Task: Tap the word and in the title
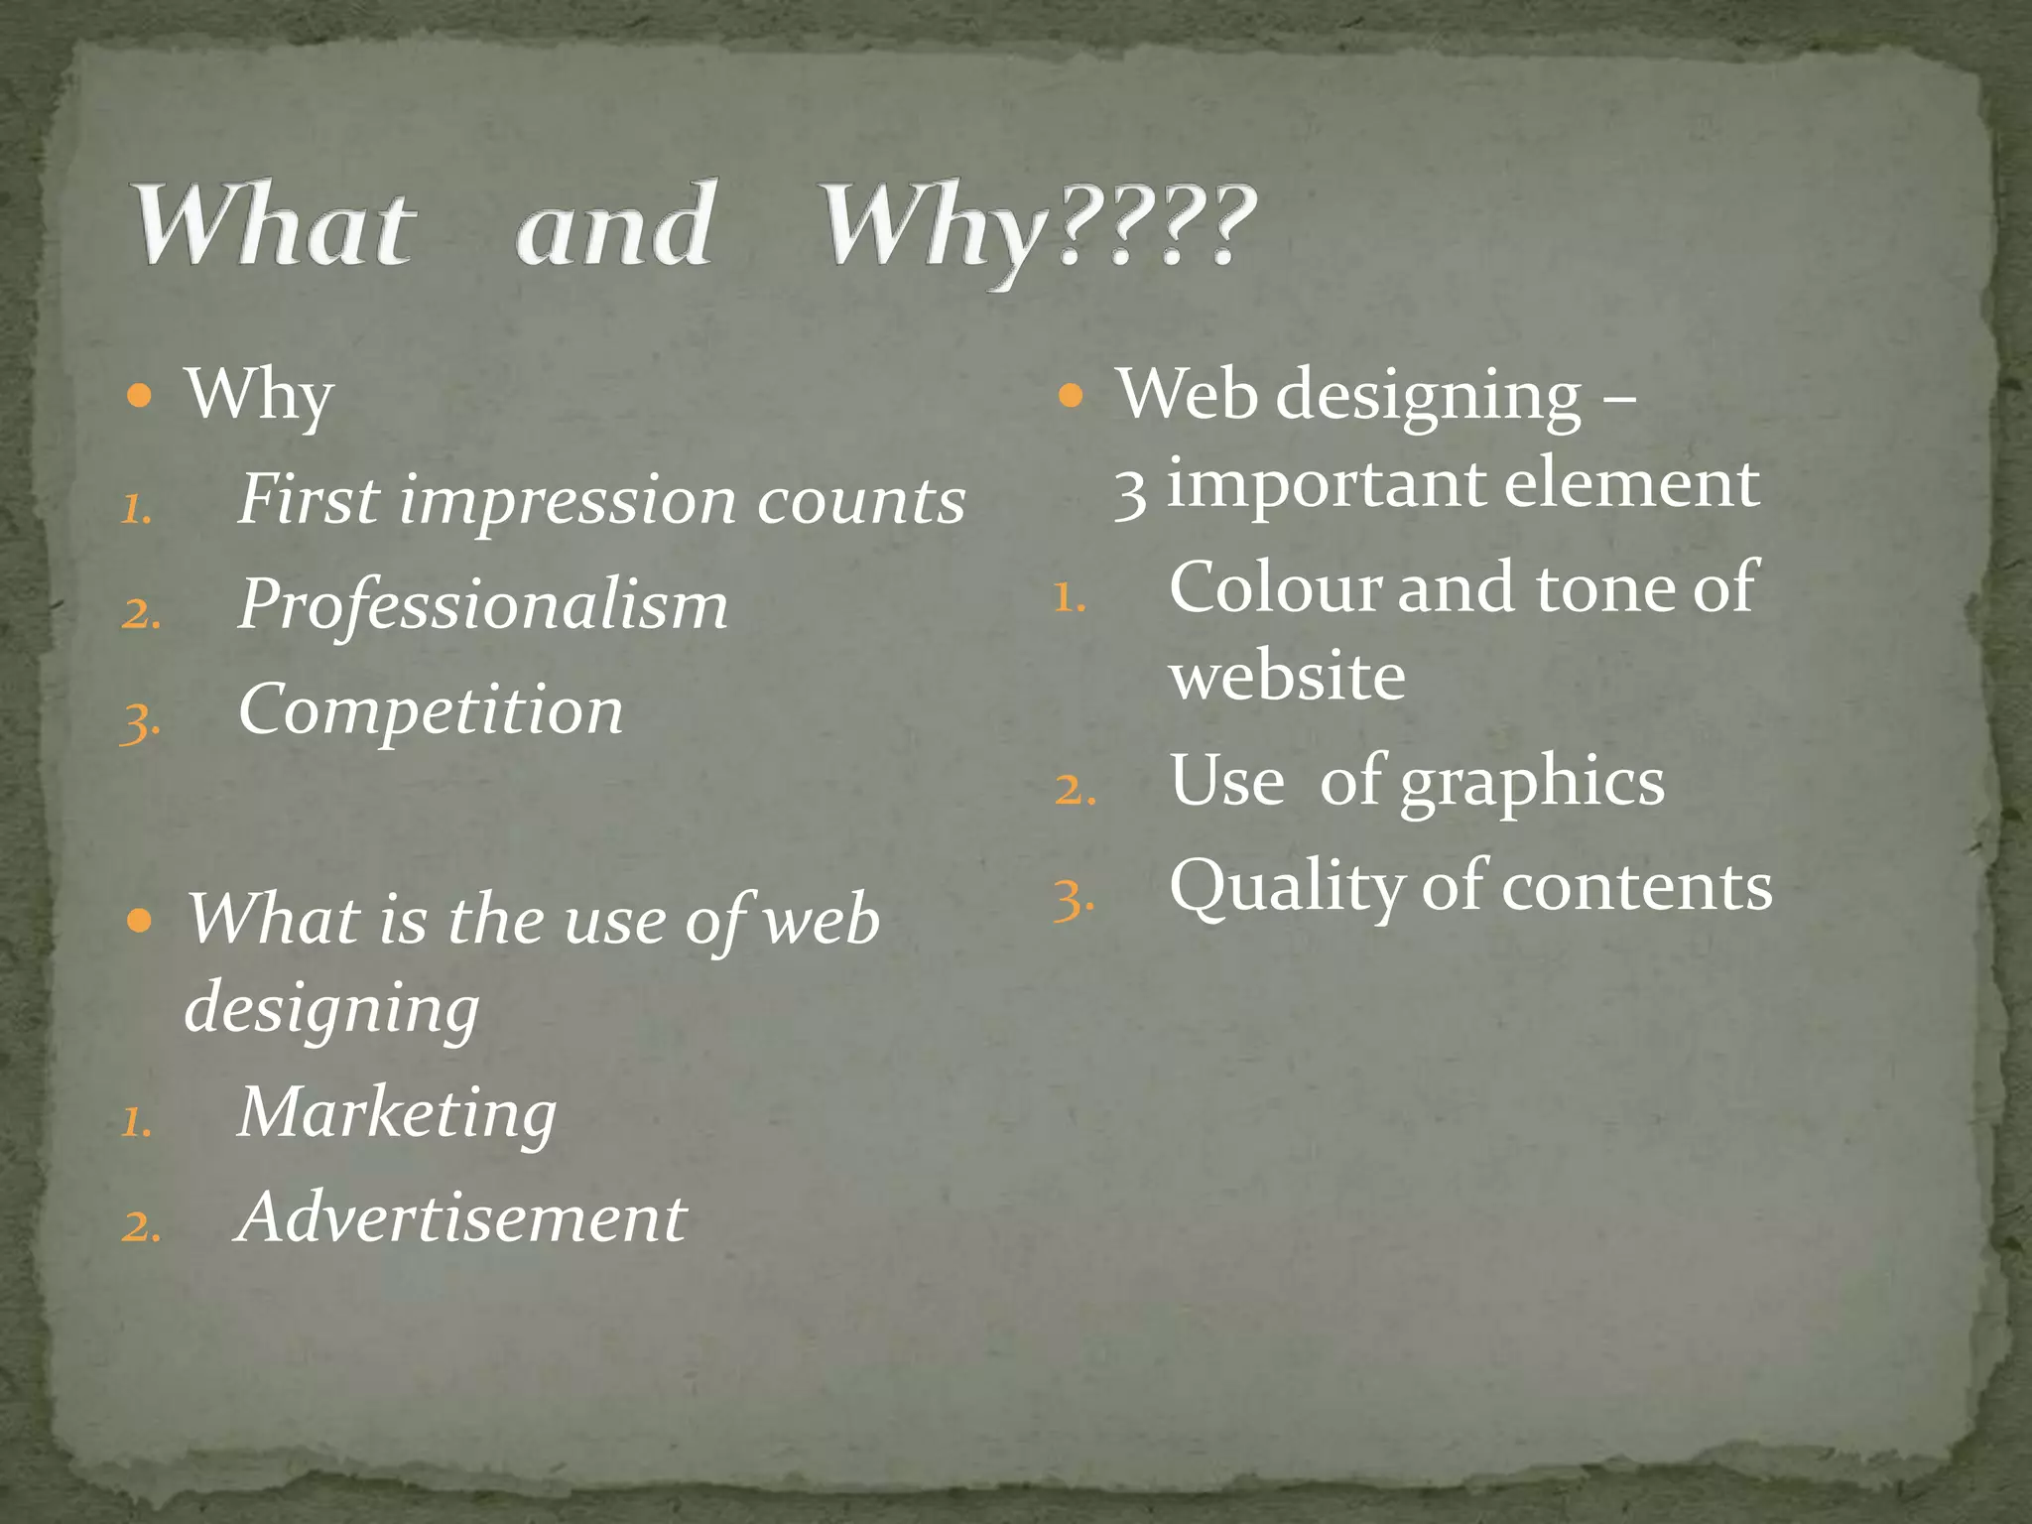point(615,226)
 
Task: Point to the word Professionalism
point(483,604)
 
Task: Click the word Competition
point(431,710)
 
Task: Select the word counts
point(860,501)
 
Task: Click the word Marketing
point(397,1113)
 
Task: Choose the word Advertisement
point(461,1218)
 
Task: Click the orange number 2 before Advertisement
point(140,1226)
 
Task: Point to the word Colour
point(1275,587)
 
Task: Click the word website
point(1287,677)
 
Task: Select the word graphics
point(1532,783)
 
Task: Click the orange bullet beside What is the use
point(140,921)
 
